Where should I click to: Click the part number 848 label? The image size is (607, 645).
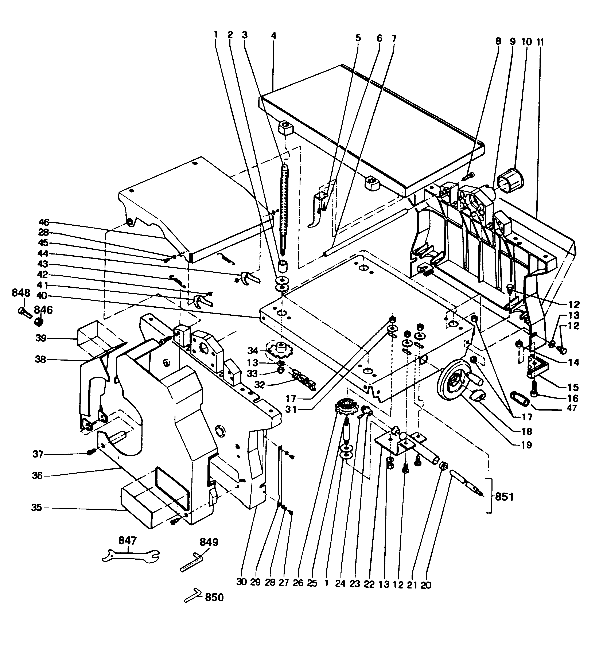click(21, 293)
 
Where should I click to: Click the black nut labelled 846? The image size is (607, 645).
click(39, 322)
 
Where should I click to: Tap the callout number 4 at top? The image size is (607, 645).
click(273, 36)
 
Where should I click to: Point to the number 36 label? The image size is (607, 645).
click(37, 476)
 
